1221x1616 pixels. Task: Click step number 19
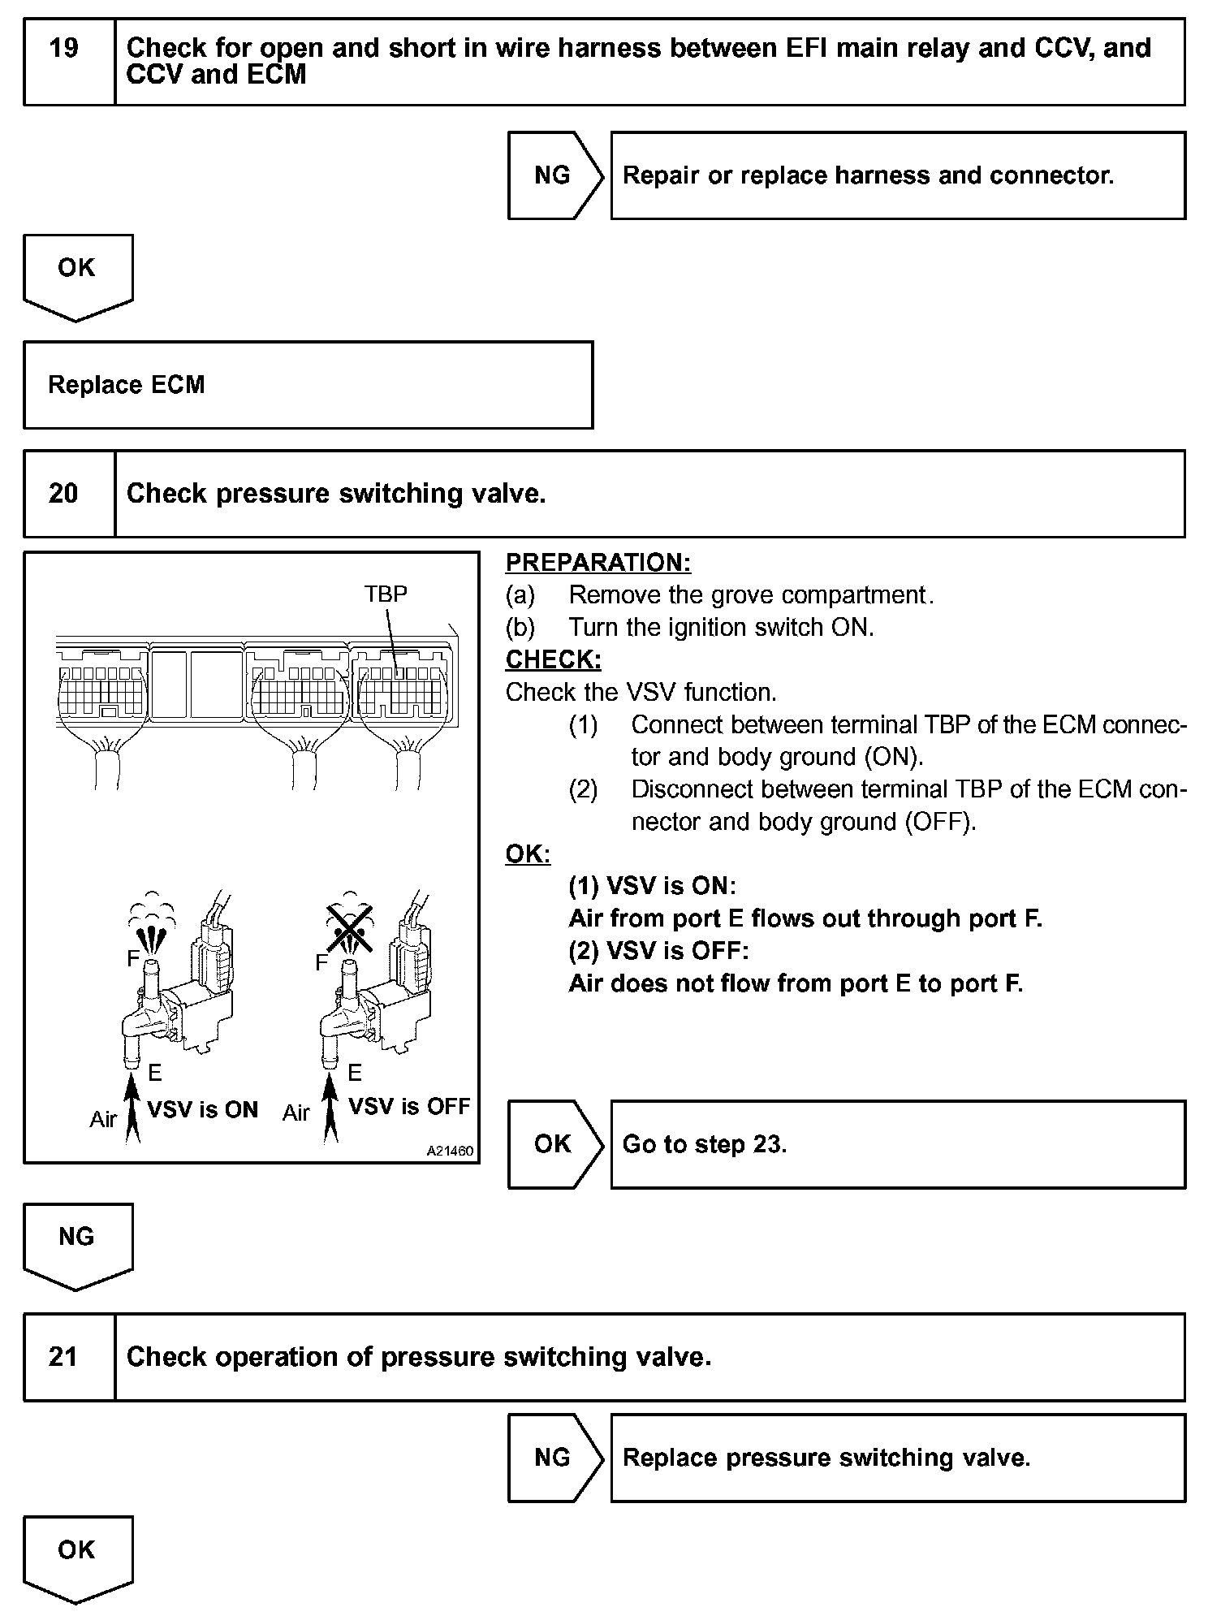pyautogui.click(x=64, y=49)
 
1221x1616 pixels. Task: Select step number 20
pyautogui.click(x=64, y=494)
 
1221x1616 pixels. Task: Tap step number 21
pyautogui.click(x=64, y=1357)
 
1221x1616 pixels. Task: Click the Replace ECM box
pyautogui.click(x=308, y=385)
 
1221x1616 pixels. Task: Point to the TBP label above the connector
pyautogui.click(x=386, y=594)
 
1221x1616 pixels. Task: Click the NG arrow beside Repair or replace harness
pyautogui.click(x=554, y=175)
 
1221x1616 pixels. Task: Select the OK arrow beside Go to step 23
pyautogui.click(x=554, y=1144)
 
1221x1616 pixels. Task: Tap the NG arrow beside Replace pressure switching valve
pyautogui.click(x=554, y=1458)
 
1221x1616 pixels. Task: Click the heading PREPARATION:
pyautogui.click(x=598, y=563)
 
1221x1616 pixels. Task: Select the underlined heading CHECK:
pyautogui.click(x=554, y=660)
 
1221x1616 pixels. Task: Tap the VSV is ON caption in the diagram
pyautogui.click(x=202, y=1110)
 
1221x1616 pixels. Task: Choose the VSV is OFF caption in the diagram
pyautogui.click(x=409, y=1107)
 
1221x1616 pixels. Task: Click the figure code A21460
pyautogui.click(x=450, y=1152)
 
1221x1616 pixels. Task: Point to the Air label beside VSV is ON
pyautogui.click(x=103, y=1120)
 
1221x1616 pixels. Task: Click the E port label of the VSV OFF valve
pyautogui.click(x=354, y=1074)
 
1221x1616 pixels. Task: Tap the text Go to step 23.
pyautogui.click(x=705, y=1144)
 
